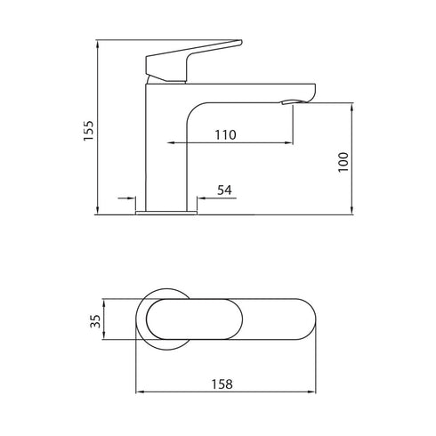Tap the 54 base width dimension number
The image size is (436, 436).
point(225,190)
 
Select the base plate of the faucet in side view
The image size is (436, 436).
point(166,212)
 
